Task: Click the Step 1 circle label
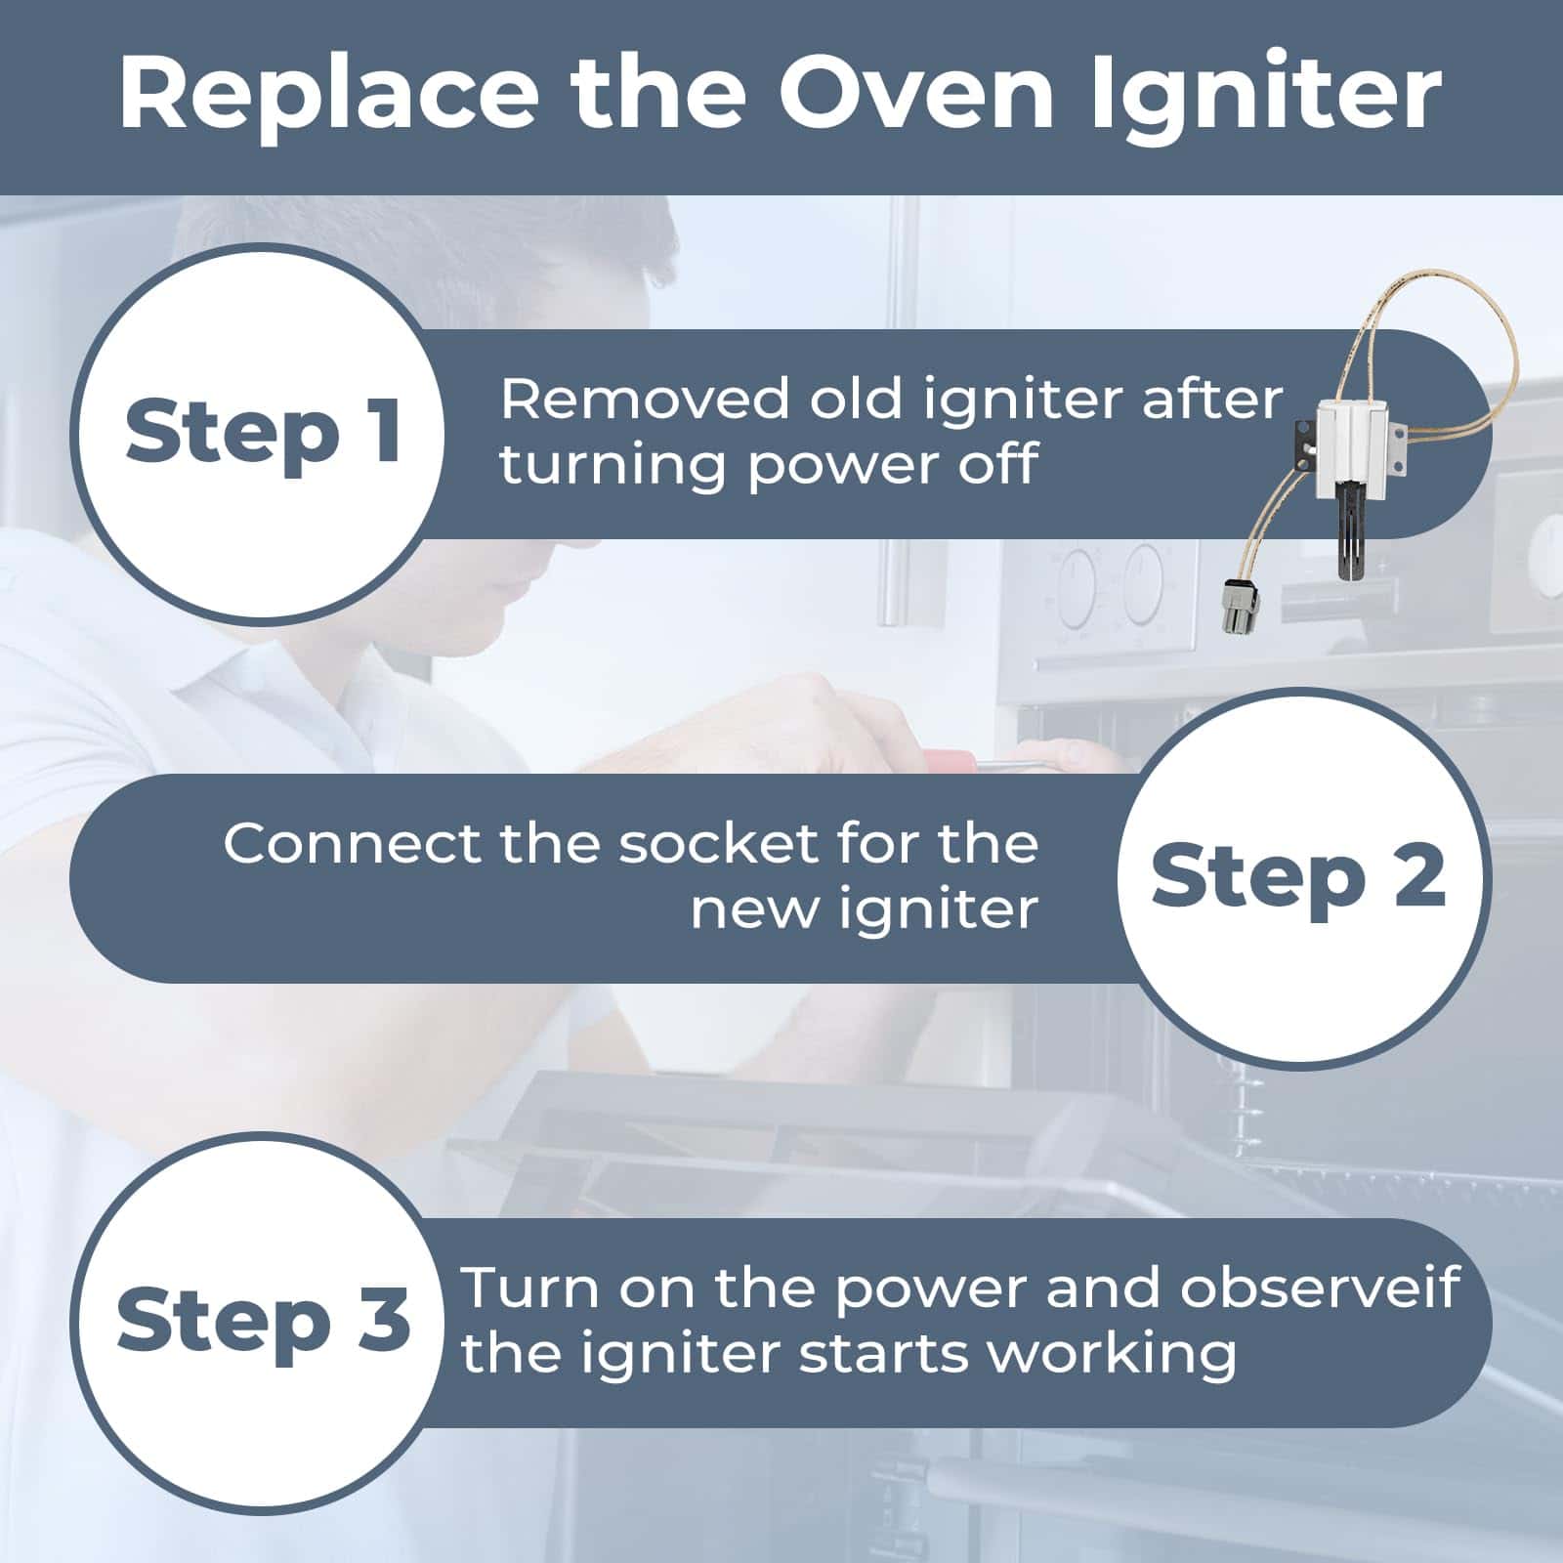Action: pyautogui.click(x=263, y=433)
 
